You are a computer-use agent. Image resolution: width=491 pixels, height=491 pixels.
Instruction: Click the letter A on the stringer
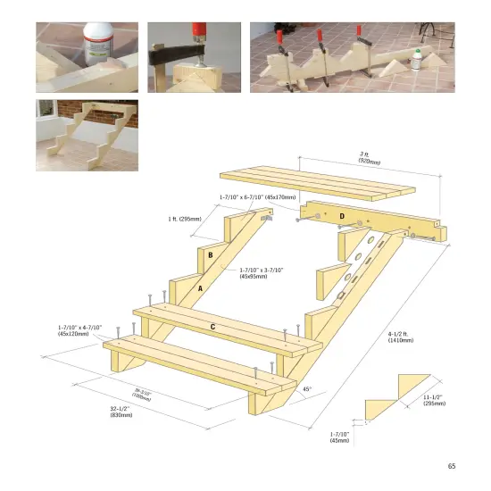point(200,288)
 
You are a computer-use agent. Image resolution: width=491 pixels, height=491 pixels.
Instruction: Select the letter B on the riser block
point(210,255)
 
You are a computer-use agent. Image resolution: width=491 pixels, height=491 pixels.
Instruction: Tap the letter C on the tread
point(212,327)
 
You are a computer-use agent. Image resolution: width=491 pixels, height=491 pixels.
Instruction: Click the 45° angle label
point(308,389)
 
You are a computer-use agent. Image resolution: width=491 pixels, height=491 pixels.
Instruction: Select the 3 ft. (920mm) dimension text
point(369,159)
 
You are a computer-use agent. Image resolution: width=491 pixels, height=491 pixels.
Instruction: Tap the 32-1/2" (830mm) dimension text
point(121,412)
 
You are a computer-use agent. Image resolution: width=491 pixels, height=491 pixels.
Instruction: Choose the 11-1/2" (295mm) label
point(435,399)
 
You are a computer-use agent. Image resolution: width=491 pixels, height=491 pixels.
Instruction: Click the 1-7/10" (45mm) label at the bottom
point(340,437)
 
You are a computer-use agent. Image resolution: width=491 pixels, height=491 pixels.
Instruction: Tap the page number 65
point(451,465)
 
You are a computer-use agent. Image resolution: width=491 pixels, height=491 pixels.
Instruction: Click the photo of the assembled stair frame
point(87,135)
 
